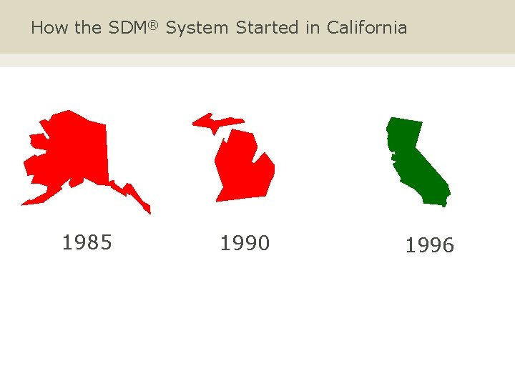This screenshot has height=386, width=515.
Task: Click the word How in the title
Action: point(46,28)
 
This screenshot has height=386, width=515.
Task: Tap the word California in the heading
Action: point(367,28)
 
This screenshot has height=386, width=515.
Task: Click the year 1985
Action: point(87,243)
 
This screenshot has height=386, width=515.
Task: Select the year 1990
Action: point(245,244)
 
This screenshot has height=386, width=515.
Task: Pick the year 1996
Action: point(429,246)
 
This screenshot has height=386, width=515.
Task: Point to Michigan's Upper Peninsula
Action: point(215,121)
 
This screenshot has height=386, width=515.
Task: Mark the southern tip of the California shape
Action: point(443,204)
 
